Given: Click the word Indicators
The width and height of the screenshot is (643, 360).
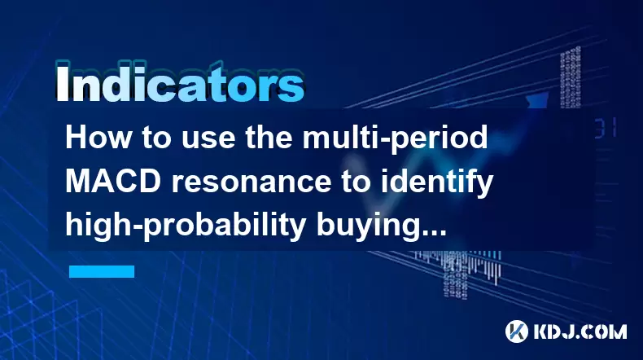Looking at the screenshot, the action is tap(180, 83).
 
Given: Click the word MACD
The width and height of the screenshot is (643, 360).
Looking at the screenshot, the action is tap(113, 182).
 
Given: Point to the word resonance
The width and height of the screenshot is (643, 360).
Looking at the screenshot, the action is tap(251, 182).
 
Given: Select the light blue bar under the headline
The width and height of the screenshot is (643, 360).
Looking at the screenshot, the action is tap(102, 271).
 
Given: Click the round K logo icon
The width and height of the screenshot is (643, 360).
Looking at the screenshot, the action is tap(517, 331).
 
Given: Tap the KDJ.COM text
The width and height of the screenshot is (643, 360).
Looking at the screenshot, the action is tap(580, 331).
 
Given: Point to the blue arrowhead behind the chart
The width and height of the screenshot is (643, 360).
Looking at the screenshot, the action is tap(537, 100).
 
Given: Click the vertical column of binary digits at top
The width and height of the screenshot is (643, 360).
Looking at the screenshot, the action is tap(571, 77).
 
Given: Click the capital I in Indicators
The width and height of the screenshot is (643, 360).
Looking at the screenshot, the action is tap(62, 83).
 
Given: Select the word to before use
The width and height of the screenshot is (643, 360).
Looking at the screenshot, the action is tap(157, 138).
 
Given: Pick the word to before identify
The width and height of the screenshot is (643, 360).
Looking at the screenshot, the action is tap(356, 183).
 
